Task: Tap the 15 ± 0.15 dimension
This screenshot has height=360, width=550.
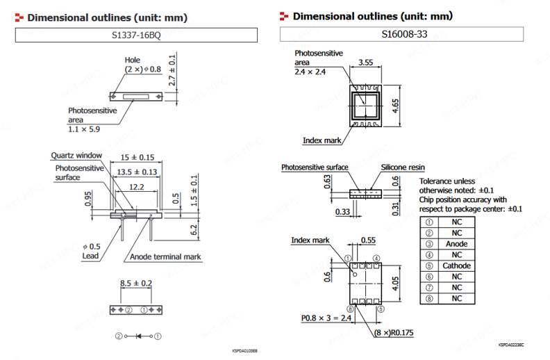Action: [137, 158]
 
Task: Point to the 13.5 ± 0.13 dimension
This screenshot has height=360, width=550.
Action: [137, 172]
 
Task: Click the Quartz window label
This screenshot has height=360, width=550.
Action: [76, 155]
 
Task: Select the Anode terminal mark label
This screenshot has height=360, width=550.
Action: [165, 256]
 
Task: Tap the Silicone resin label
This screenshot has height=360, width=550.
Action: [403, 167]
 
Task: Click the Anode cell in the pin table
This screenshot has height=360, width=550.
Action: [456, 244]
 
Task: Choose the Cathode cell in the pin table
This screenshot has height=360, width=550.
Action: [456, 265]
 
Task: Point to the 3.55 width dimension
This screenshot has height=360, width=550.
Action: [365, 63]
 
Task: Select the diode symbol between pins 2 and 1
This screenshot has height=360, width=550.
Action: [139, 336]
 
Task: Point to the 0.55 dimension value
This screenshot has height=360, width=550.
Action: [368, 240]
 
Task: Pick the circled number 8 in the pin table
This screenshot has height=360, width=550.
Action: [428, 298]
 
